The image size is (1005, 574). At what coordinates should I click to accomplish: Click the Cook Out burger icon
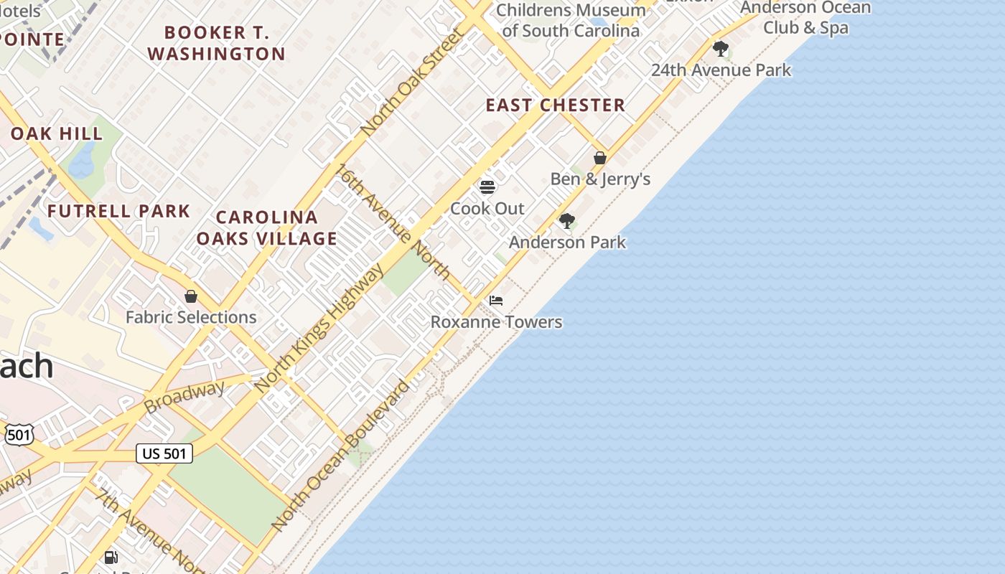487,187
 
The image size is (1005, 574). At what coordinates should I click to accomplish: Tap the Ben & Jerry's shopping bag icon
600,158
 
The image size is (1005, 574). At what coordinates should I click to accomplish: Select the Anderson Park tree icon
567,220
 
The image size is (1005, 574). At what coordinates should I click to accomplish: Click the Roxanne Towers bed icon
496,300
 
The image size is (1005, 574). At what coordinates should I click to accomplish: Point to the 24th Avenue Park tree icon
721,49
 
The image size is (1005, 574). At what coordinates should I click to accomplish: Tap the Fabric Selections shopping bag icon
191,296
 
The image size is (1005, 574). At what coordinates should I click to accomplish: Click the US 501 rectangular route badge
164,453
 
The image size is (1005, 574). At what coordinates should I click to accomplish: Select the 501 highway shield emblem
19,434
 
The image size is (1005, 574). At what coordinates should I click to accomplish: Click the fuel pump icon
111,557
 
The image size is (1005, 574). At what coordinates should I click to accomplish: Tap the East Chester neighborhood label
555,105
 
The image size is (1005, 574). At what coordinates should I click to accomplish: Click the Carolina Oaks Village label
266,228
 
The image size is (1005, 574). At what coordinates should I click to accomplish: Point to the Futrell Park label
118,211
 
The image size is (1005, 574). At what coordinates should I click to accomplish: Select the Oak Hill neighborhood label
57,133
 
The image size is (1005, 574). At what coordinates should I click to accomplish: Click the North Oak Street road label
412,83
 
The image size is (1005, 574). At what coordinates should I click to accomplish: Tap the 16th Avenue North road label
394,222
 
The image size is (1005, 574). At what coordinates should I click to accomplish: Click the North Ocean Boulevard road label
340,456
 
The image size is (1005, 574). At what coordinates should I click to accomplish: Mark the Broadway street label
184,397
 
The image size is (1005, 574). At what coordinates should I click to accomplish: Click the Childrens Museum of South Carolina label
571,20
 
